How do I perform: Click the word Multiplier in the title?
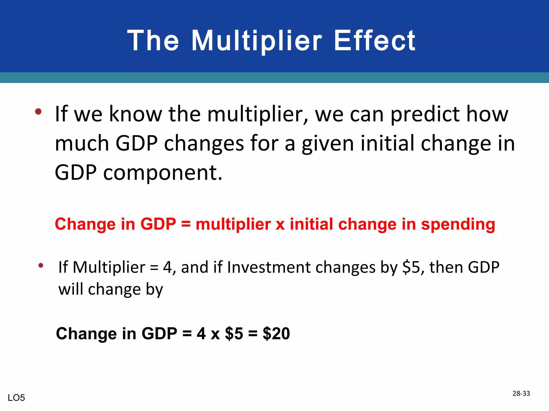(x=257, y=41)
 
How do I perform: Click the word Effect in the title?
(x=374, y=41)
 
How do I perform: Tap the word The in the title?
(x=153, y=41)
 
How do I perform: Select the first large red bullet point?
(x=38, y=111)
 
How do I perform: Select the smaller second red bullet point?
(x=41, y=265)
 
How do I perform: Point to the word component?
(x=162, y=173)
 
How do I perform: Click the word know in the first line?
(x=135, y=115)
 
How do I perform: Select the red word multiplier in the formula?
(x=233, y=224)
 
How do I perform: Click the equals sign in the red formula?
(x=186, y=224)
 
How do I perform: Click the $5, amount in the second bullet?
(x=413, y=267)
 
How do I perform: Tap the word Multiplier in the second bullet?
(x=109, y=267)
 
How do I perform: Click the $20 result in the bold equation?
(x=276, y=334)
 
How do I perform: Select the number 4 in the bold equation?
(x=201, y=334)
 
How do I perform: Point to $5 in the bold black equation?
(x=234, y=334)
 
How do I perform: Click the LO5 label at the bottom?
(x=16, y=398)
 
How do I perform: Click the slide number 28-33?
(x=521, y=393)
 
